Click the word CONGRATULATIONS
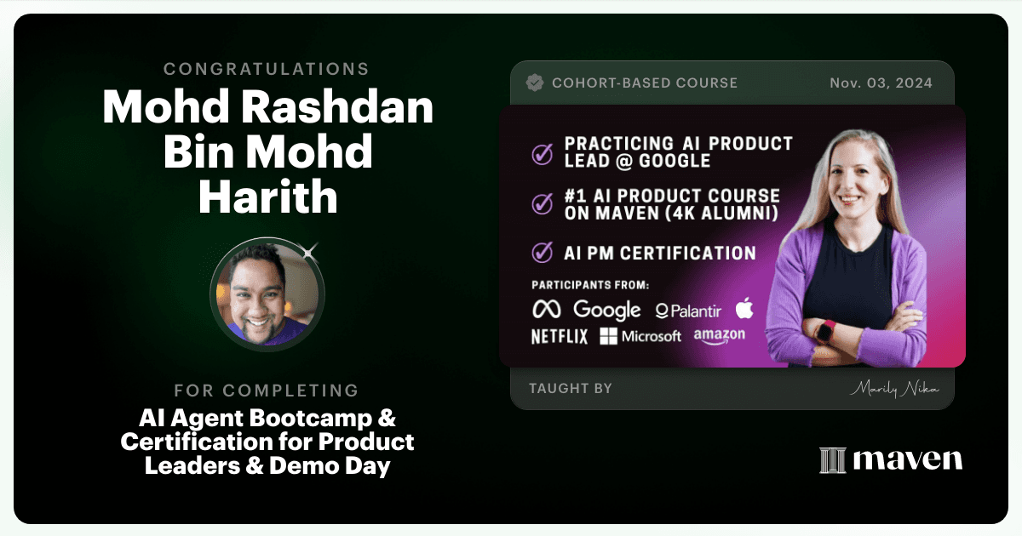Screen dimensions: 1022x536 pos(266,69)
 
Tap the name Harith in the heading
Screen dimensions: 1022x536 pos(267,197)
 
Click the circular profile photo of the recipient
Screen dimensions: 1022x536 pos(267,295)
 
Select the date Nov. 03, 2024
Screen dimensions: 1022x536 pos(881,83)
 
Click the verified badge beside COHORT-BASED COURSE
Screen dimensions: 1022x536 pos(535,83)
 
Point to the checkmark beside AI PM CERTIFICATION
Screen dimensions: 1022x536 pos(542,253)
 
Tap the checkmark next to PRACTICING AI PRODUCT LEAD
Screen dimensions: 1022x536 pos(542,154)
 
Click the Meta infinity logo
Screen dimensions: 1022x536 pos(547,310)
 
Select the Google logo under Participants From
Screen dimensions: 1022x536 pos(606,310)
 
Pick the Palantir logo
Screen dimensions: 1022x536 pos(688,311)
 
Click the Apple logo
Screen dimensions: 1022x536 pos(744,308)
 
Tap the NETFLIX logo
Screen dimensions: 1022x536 pos(560,337)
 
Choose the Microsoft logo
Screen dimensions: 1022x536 pos(640,336)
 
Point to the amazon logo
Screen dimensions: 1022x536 pos(720,336)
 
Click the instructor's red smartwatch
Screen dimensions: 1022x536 pos(826,332)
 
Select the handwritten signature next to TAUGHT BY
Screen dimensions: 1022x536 pos(894,389)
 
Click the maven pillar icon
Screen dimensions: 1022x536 pos(833,460)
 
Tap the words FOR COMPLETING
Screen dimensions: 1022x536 pos(267,391)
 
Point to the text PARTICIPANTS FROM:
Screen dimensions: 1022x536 pos(590,285)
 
